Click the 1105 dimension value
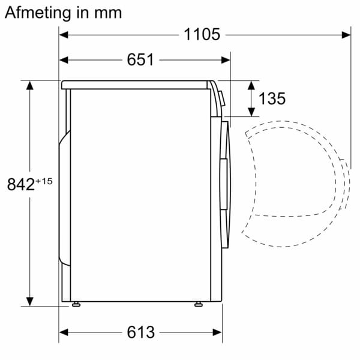point(202,35)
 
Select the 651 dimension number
point(140,60)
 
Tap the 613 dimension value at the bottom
point(140,332)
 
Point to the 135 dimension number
point(272,98)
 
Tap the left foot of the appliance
point(76,304)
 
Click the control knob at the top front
point(220,97)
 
